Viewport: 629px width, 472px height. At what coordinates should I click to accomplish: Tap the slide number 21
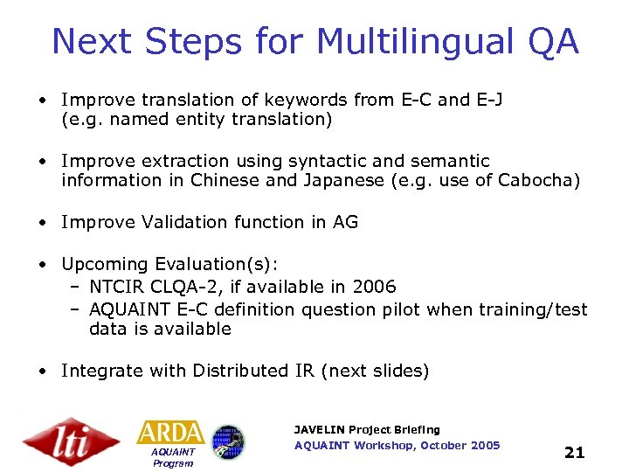coord(574,452)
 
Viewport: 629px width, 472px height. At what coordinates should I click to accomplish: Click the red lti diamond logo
coord(72,441)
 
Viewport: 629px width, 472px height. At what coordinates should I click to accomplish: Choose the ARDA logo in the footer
coord(171,433)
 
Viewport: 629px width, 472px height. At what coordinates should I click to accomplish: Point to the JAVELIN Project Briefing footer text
coord(367,429)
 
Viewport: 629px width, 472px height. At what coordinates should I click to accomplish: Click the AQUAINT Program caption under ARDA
coord(172,457)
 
